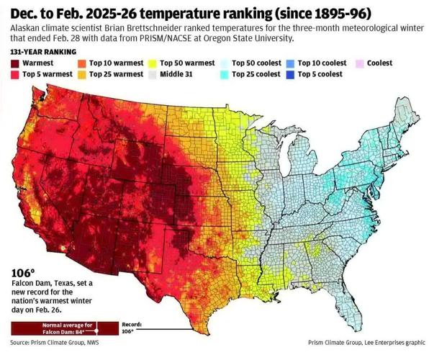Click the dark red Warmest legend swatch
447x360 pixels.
pyautogui.click(x=16, y=63)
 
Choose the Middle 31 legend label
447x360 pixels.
pyautogui.click(x=181, y=73)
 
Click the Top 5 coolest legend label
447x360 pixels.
pyautogui.click(x=321, y=73)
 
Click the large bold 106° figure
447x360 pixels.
pyautogui.click(x=23, y=273)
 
